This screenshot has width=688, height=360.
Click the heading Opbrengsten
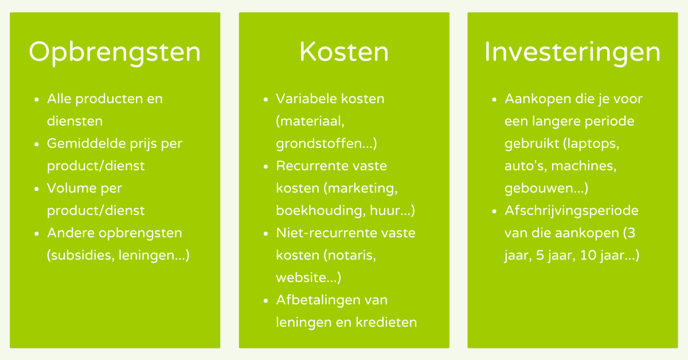[x=115, y=53]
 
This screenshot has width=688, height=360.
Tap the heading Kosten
[x=344, y=52]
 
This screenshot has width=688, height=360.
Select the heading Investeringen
[x=573, y=53]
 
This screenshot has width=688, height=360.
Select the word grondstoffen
[x=323, y=144]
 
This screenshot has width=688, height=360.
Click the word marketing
[x=362, y=188]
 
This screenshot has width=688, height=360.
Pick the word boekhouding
[x=320, y=211]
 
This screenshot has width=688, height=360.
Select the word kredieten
[x=386, y=322]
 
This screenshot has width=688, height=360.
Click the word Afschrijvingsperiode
[x=572, y=211]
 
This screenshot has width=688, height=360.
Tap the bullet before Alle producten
[x=37, y=100]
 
